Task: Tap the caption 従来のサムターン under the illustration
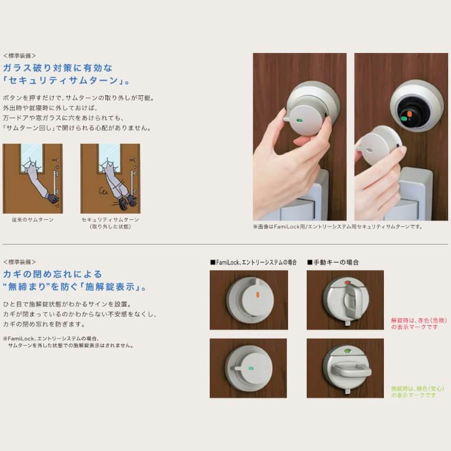pos(32,219)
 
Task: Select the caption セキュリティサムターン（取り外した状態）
pos(110,222)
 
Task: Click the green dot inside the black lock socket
pos(404,119)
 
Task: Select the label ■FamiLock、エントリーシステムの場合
pos(253,262)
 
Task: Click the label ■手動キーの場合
pos(333,262)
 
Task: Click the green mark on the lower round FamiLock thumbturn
pos(249,368)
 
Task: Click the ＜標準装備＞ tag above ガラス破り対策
pos(19,56)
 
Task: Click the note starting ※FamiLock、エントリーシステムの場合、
pos(68,342)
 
